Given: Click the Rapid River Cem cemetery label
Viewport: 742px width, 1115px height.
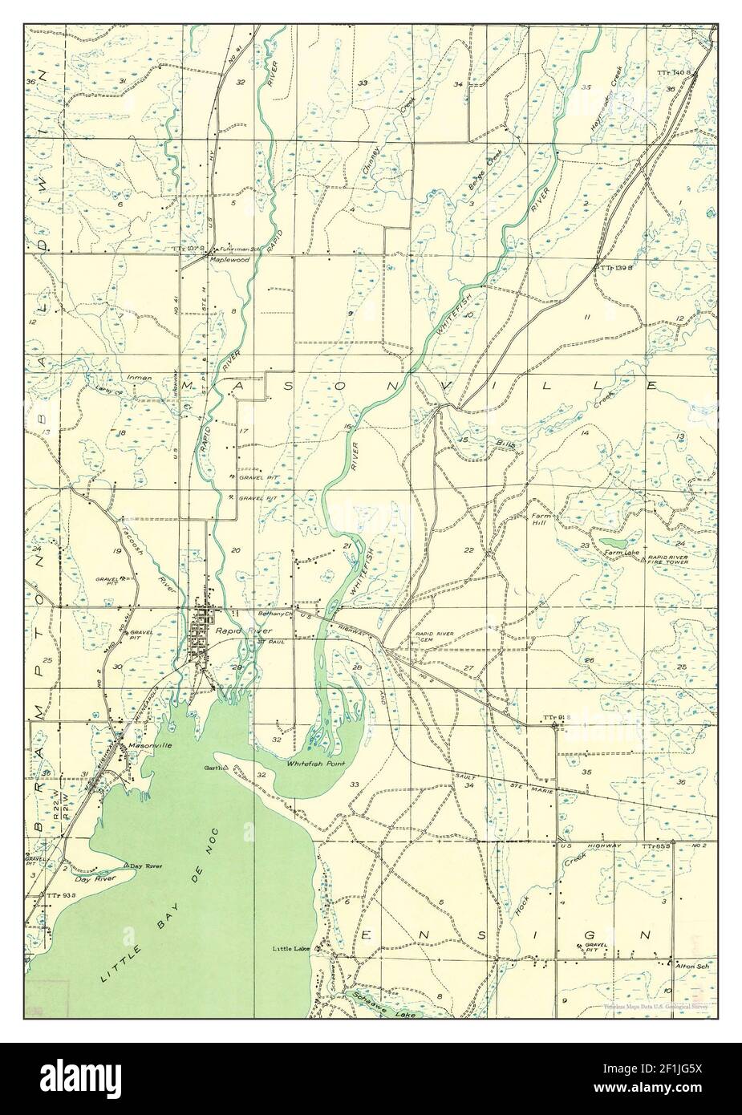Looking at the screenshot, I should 434,637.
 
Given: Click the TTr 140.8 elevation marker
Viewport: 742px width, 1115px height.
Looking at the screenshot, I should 673,72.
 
